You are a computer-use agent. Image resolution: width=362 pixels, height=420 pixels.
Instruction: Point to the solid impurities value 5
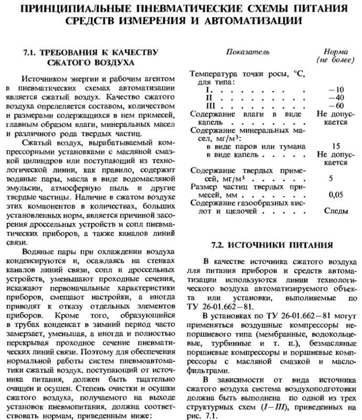331,178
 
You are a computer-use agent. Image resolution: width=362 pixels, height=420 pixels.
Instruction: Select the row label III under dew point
196,106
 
